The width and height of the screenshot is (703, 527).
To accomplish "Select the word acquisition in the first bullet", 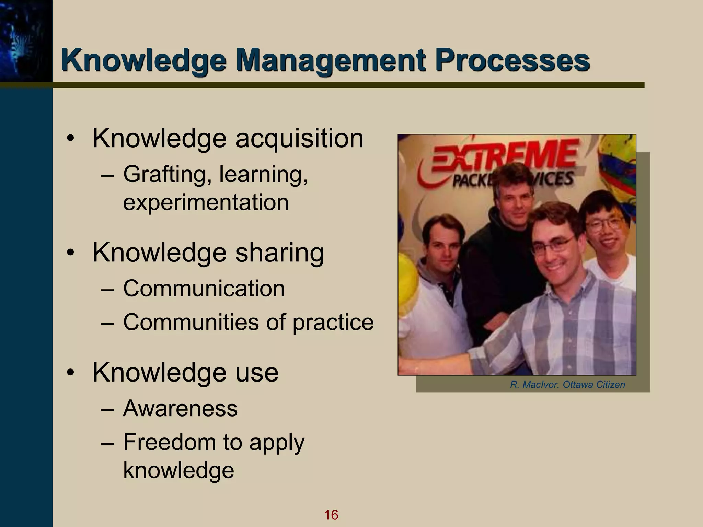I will [299, 139].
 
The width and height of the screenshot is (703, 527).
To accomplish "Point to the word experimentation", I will [206, 202].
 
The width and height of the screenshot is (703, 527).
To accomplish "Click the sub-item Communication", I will [204, 288].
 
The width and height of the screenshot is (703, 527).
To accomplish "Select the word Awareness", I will [180, 408].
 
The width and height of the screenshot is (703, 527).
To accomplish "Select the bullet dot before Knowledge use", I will [70, 373].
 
